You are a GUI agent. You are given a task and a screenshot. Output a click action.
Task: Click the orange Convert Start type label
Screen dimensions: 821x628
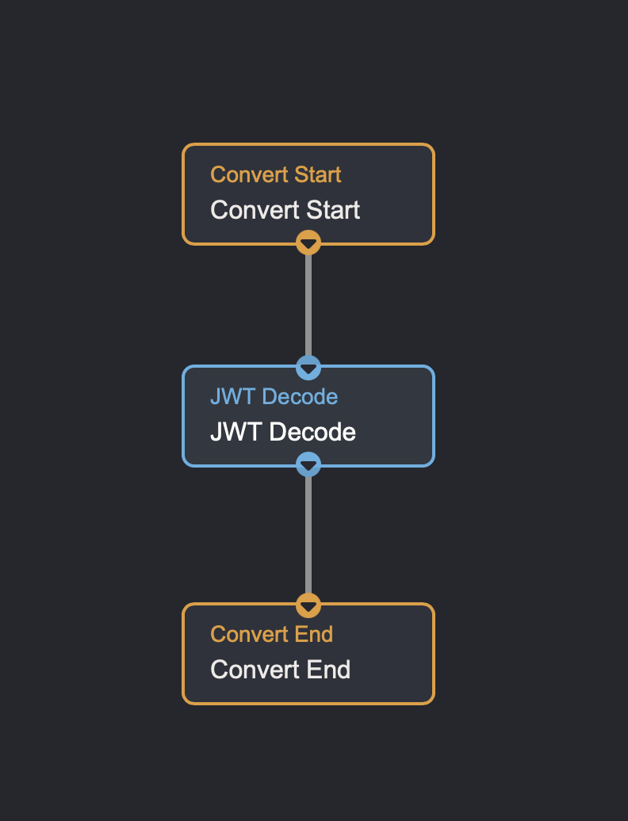tap(275, 174)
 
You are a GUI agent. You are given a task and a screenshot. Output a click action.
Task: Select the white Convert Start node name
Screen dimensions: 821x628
tap(285, 210)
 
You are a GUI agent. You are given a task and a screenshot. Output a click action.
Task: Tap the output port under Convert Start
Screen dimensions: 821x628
tap(308, 242)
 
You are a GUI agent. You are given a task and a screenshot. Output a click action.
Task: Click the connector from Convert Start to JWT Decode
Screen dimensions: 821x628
tap(308, 305)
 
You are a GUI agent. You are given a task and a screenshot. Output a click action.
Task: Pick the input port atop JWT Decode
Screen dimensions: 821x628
tap(308, 368)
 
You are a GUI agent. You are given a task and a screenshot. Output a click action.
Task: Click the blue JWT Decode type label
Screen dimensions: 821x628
tap(274, 396)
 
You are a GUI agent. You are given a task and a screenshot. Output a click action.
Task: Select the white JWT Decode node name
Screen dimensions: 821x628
tap(282, 432)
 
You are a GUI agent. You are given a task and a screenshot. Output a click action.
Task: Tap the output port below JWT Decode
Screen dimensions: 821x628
tap(308, 464)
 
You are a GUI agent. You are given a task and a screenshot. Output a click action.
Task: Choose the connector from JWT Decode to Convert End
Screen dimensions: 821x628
tap(308, 535)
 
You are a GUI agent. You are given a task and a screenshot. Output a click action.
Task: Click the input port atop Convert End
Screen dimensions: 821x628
tap(308, 605)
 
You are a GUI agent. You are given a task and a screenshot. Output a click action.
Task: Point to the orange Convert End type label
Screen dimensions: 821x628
tap(271, 634)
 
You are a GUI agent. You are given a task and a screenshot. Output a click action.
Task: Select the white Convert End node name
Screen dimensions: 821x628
tap(280, 670)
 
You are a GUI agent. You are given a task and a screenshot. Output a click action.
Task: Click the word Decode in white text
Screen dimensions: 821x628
tap(312, 432)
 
